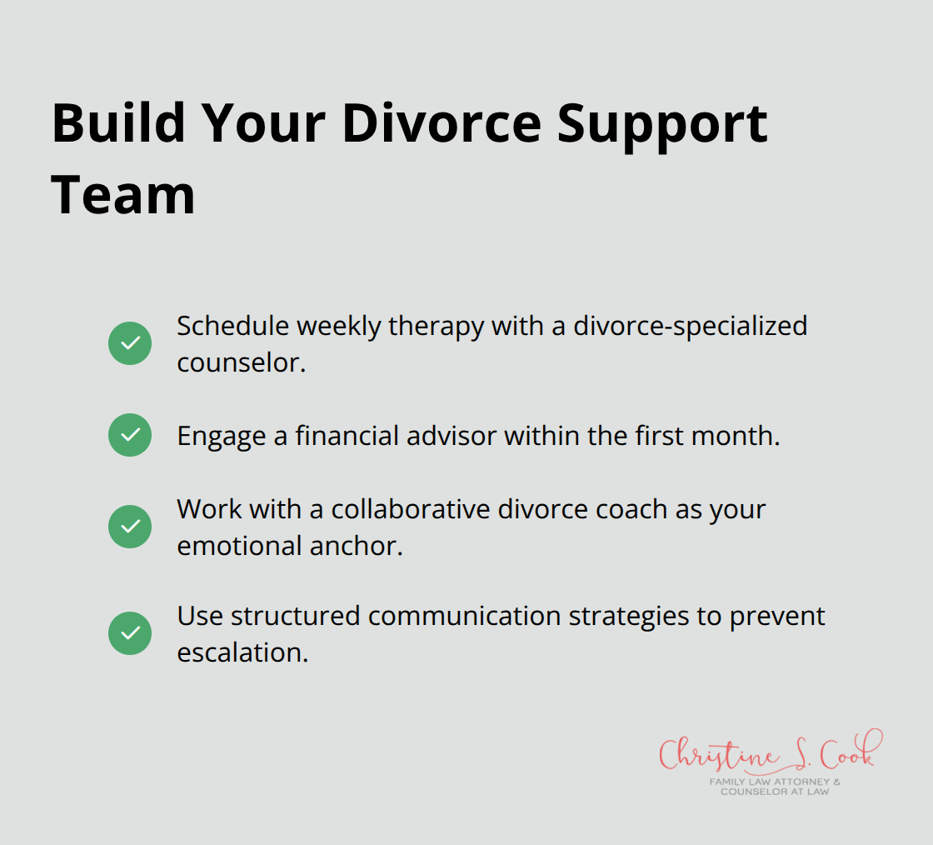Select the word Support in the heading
point(662,123)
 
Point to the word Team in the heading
point(123,194)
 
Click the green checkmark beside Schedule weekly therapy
point(130,343)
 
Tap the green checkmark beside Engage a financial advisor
point(130,435)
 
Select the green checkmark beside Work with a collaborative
point(130,527)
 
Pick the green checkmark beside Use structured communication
point(130,633)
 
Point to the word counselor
point(241,362)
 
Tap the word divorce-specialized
point(690,326)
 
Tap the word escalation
point(242,652)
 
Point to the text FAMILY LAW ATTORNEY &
point(775,782)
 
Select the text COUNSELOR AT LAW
point(775,792)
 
